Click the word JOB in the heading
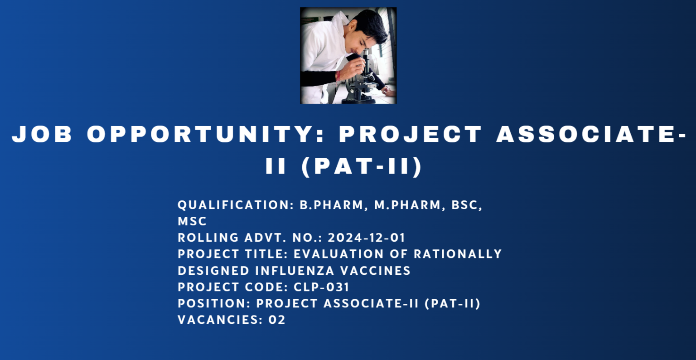(42, 134)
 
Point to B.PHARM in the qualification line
(332, 205)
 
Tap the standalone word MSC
(192, 221)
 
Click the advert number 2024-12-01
(366, 238)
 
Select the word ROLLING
(208, 238)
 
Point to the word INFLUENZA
(295, 271)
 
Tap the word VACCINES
(375, 271)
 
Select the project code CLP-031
(322, 287)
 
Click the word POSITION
(214, 303)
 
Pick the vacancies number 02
(277, 320)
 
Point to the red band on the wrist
(338, 76)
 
